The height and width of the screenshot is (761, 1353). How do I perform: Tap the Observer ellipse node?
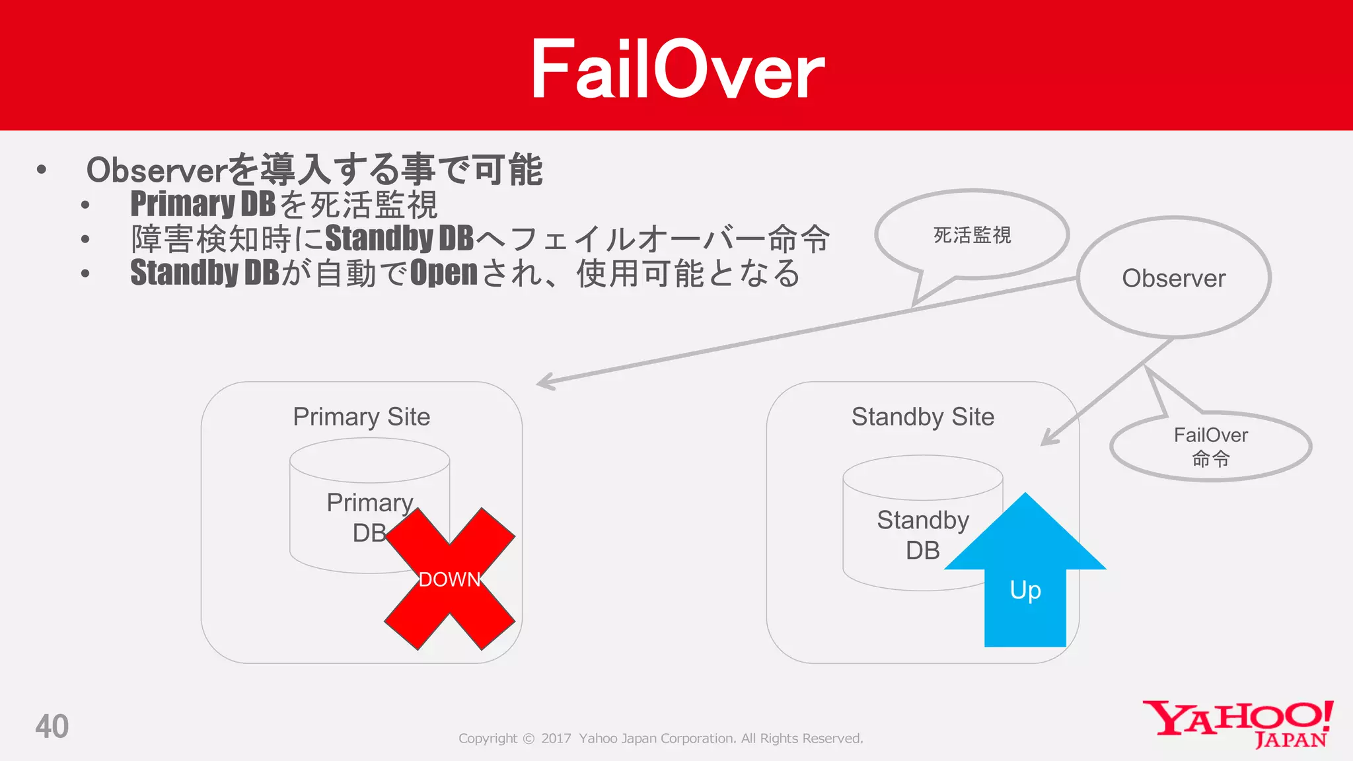coord(1174,277)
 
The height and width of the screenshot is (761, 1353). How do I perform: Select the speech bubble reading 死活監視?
coord(972,235)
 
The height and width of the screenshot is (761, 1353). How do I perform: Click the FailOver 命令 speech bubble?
coord(1210,447)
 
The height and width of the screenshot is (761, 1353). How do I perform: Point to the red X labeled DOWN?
coord(449,579)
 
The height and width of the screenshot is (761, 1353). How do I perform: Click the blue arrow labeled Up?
coord(1025,581)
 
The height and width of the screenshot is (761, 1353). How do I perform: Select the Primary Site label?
coord(361,417)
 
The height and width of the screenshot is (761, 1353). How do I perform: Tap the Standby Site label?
coord(922,417)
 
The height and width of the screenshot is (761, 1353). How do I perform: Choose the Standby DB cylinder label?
coord(922,534)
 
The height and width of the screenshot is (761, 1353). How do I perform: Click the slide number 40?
coord(52,726)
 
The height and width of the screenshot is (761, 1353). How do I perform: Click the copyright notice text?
coord(661,739)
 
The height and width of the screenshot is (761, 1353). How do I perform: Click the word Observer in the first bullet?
coord(157,170)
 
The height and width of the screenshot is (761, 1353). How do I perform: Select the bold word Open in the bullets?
coord(443,273)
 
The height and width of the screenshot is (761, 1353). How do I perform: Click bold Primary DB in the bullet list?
coord(203,203)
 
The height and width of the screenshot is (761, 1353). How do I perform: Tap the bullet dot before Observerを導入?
coord(42,170)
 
